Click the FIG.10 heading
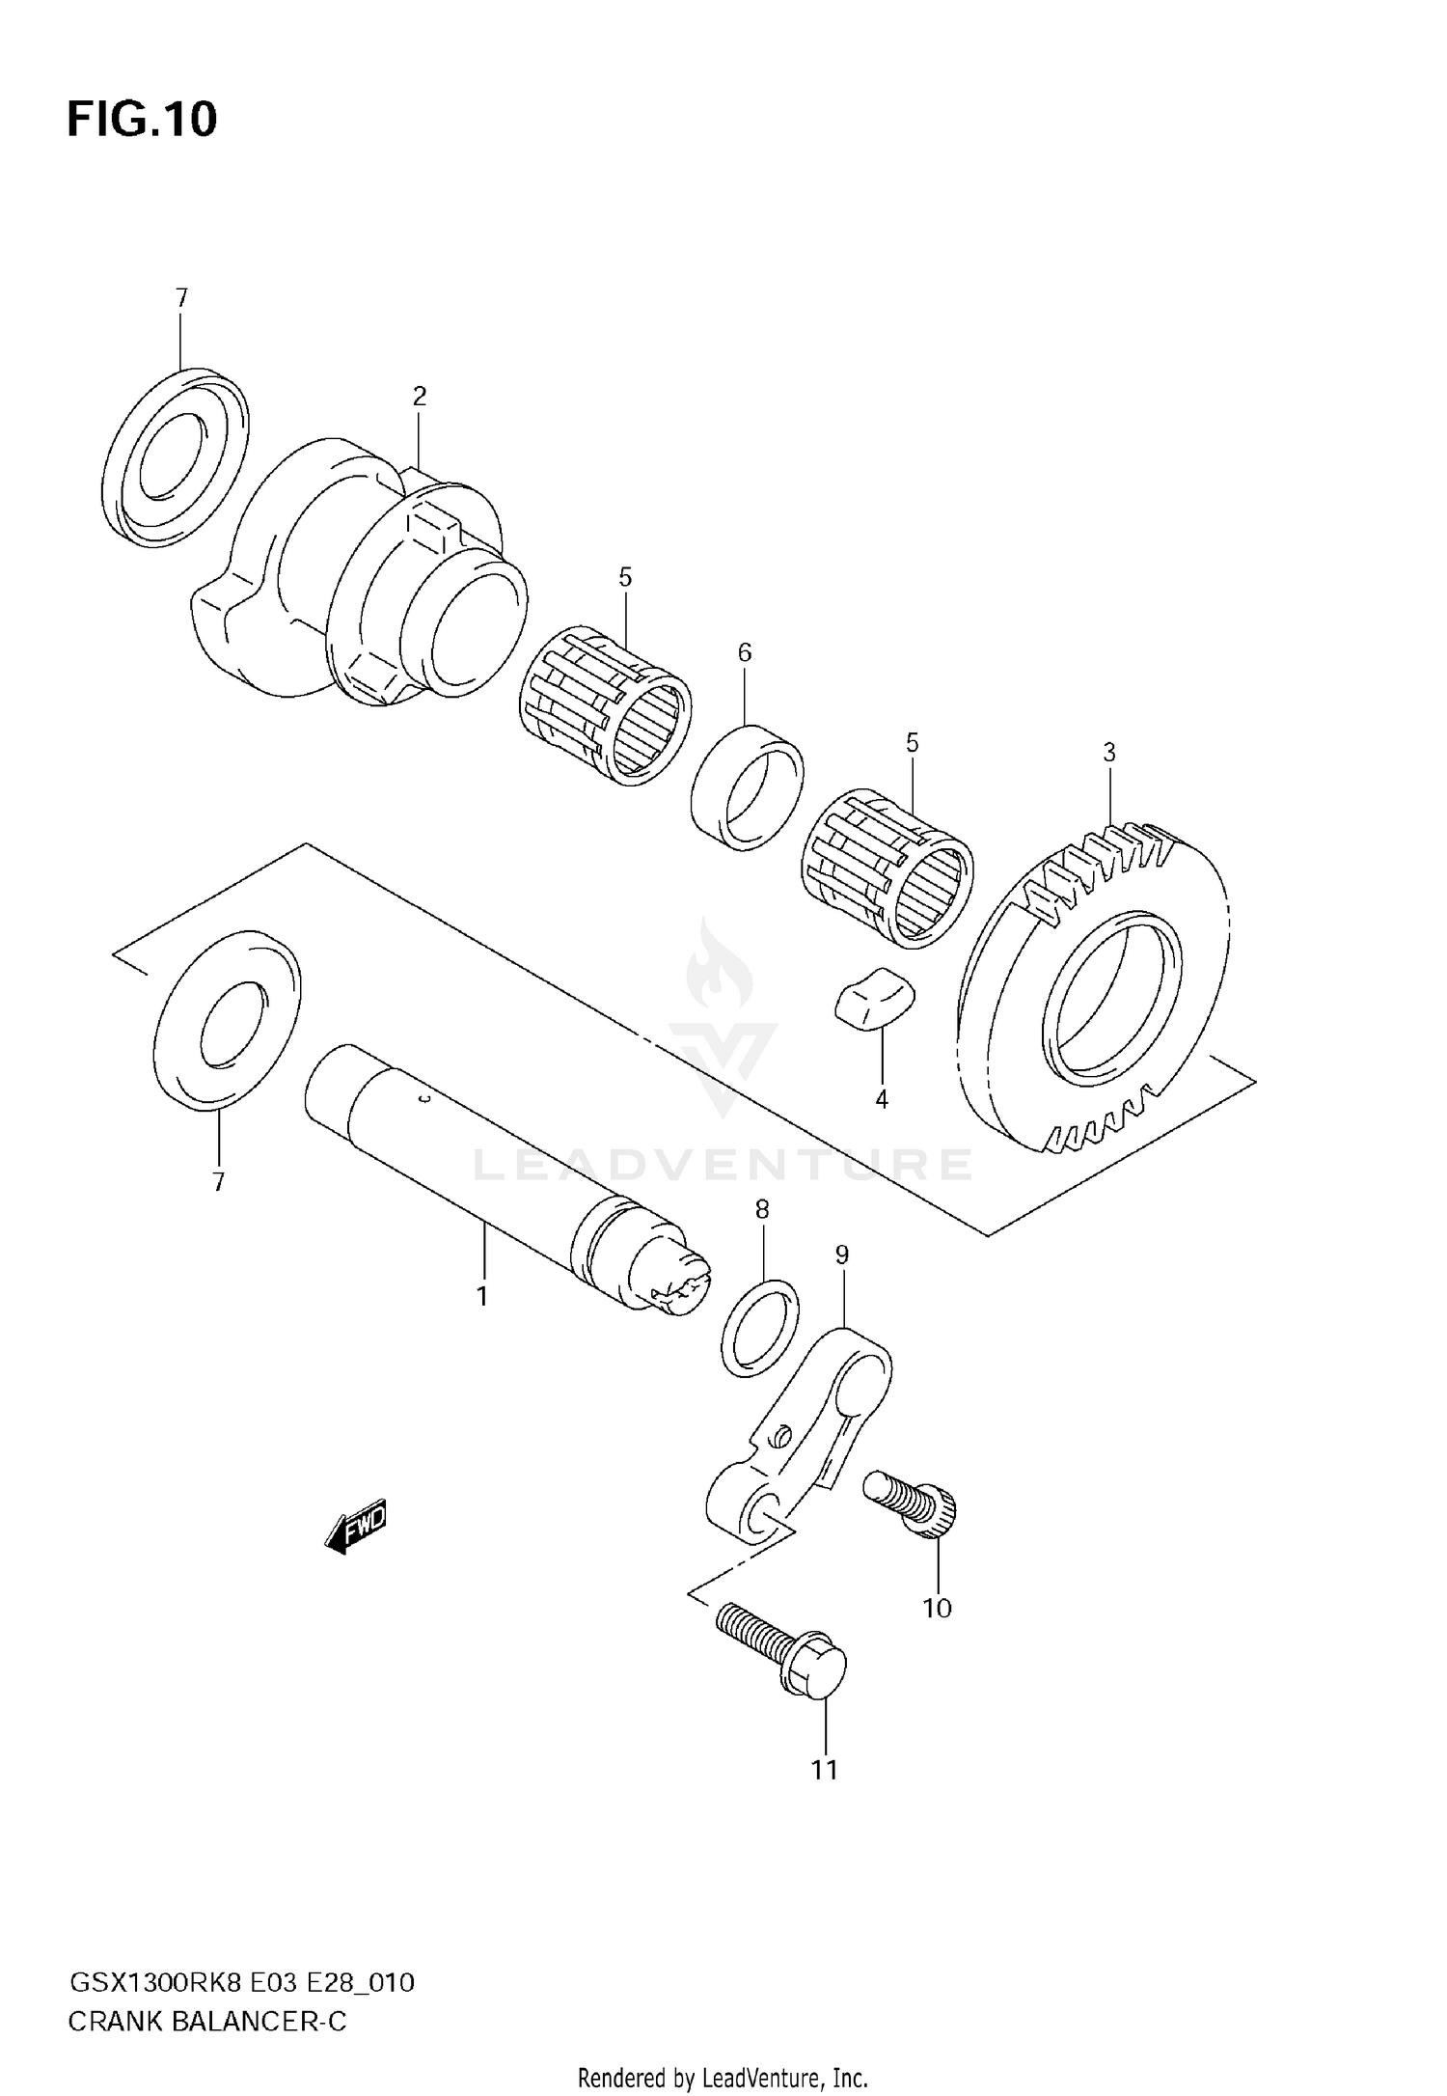pyautogui.click(x=142, y=120)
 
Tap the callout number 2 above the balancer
pyautogui.click(x=419, y=396)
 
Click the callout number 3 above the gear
pyautogui.click(x=1109, y=752)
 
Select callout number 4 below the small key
pyautogui.click(x=881, y=1099)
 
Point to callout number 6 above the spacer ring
pyautogui.click(x=745, y=652)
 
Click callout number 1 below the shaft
pyautogui.click(x=482, y=1296)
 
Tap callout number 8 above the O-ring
pyautogui.click(x=762, y=1209)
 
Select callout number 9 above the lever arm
pyautogui.click(x=842, y=1255)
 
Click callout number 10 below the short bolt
pyautogui.click(x=937, y=1608)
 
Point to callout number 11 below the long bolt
pyautogui.click(x=824, y=1770)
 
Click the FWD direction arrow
pyautogui.click(x=357, y=1526)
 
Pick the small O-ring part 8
pyautogui.click(x=760, y=1327)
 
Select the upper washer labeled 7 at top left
pyautogui.click(x=175, y=458)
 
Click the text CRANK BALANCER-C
pyautogui.click(x=206, y=2022)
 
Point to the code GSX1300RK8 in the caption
pyautogui.click(x=154, y=1983)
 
